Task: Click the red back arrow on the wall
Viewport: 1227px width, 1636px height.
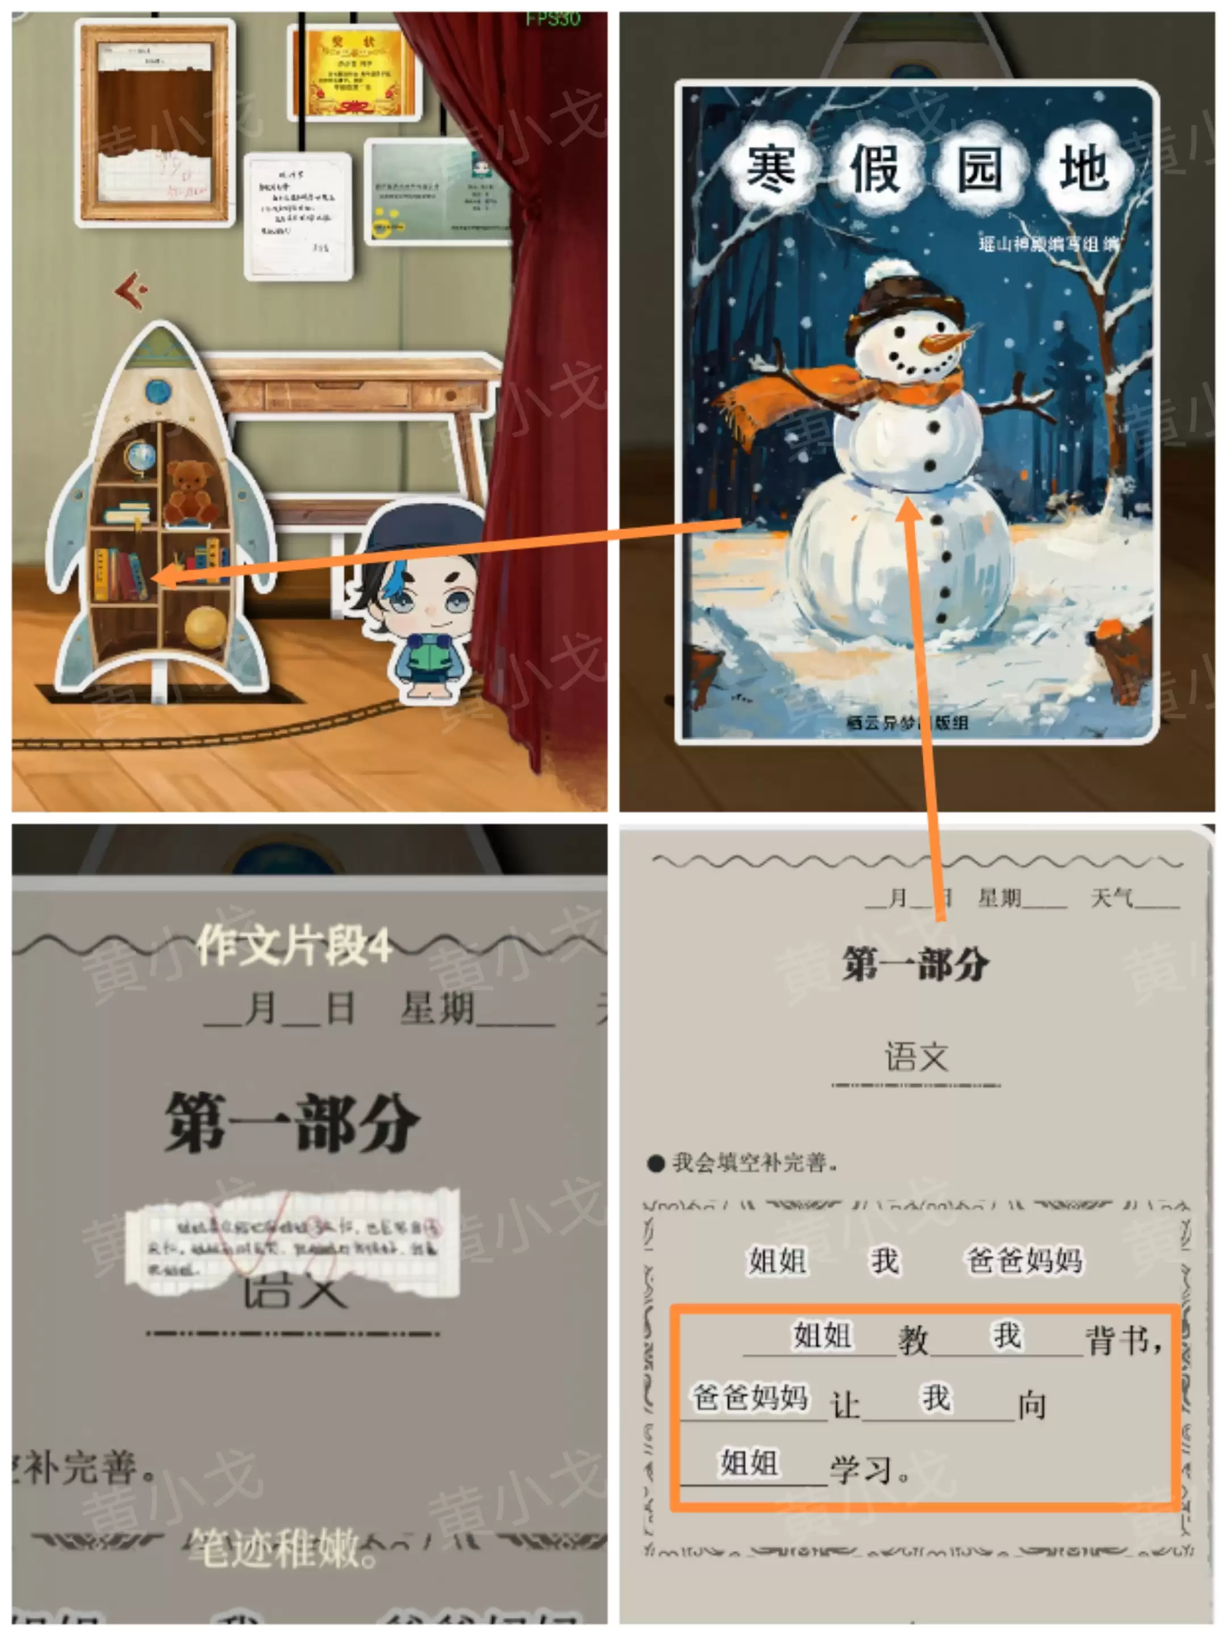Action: tap(132, 290)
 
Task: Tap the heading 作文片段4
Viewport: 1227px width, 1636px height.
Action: tap(294, 945)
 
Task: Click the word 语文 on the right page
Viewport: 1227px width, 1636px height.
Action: tap(916, 1056)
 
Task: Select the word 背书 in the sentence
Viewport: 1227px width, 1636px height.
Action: tap(1121, 1340)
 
